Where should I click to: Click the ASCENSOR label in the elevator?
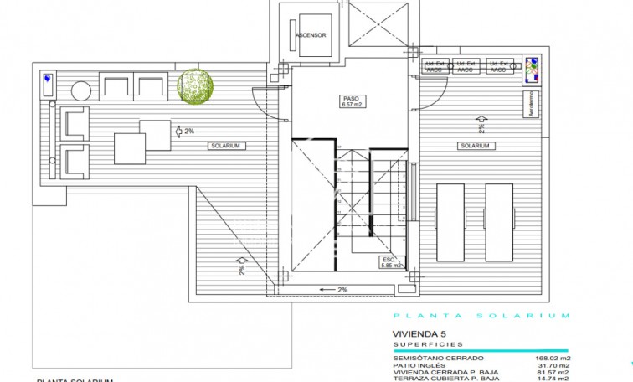tap(311, 35)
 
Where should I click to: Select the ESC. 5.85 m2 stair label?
tap(392, 262)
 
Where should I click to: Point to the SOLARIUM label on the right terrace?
tap(475, 146)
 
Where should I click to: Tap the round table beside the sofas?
tap(81, 90)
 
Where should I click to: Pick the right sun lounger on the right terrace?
tap(499, 222)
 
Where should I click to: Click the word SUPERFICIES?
tap(426, 343)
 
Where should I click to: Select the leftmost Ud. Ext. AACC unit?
tap(435, 67)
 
